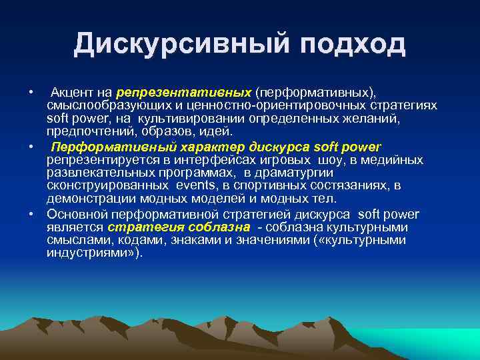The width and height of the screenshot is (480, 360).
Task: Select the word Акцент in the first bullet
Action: pyautogui.click(x=72, y=91)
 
